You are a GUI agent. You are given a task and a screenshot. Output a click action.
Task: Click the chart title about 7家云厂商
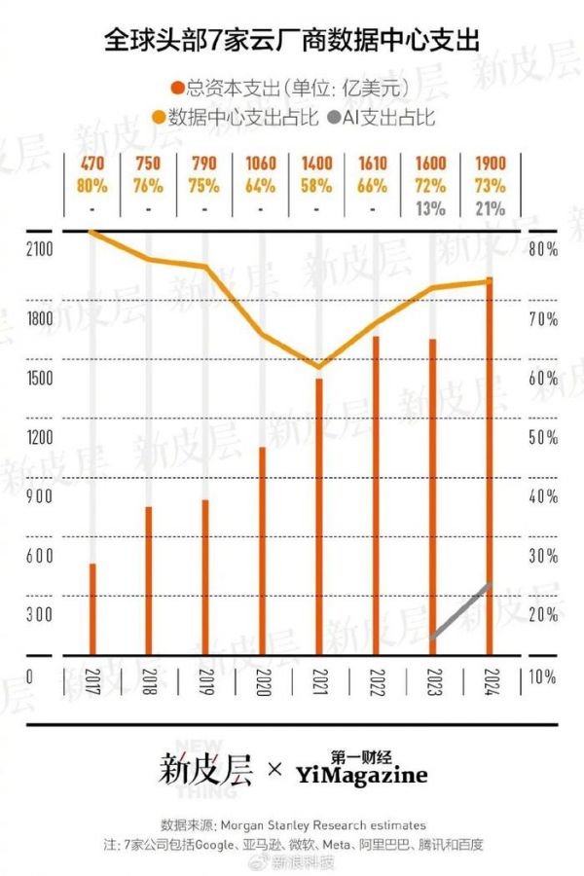point(292,40)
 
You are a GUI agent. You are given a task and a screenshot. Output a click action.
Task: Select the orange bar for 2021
point(318,516)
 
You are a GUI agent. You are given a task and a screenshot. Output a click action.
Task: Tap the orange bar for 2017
point(92,609)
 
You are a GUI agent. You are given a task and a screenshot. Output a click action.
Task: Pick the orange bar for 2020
point(262,551)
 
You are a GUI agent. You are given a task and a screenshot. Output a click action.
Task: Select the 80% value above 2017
point(92,185)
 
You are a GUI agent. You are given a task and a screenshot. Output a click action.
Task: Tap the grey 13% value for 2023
point(432,206)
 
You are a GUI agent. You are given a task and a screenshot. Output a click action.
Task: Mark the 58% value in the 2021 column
point(318,185)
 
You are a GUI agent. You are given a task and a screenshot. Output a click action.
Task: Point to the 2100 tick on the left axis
point(40,251)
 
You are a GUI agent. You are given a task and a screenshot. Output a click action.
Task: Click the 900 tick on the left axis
point(40,496)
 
